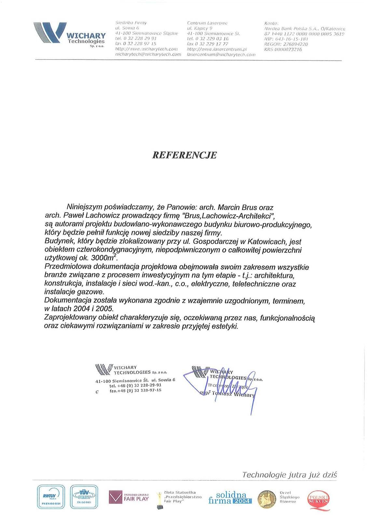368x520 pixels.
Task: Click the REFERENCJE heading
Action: [184, 155]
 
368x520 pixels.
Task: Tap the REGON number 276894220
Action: [295, 44]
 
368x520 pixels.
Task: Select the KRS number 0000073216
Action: [288, 49]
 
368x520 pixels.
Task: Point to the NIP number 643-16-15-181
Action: [292, 39]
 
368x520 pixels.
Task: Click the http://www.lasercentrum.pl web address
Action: [217, 49]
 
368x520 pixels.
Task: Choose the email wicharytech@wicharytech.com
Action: [148, 54]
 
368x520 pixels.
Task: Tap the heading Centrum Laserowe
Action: [207, 23]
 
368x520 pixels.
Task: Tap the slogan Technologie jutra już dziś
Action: [290, 475]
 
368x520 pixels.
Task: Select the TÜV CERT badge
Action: [84, 497]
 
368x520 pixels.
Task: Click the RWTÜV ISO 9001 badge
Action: [51, 497]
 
